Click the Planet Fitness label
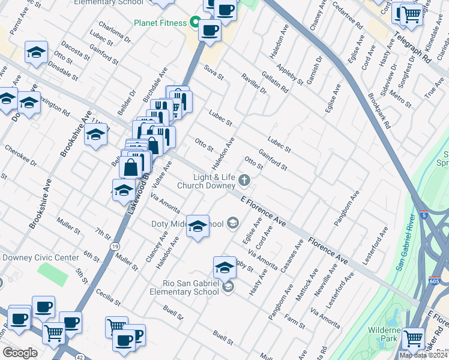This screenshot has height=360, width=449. click(x=159, y=23)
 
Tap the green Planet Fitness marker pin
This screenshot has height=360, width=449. click(x=194, y=23)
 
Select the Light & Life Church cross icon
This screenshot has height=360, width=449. click(x=244, y=179)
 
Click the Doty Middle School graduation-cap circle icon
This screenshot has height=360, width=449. click(x=233, y=224)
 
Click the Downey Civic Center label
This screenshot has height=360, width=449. click(x=40, y=257)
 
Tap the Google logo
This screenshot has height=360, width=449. click(x=20, y=353)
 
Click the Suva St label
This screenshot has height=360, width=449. click(x=213, y=73)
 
